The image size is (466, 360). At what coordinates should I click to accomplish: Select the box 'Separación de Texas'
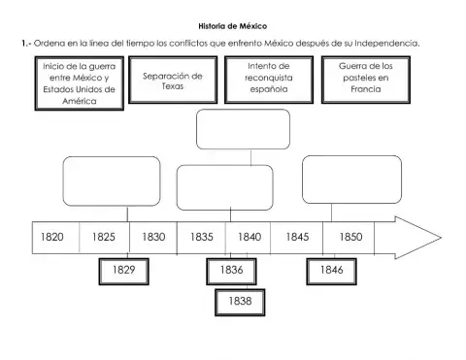coord(172,81)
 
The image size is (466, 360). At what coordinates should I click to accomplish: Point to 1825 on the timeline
coord(104,237)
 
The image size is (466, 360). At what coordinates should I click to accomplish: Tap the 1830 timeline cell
coord(153,237)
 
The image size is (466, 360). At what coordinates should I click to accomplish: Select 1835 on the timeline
coord(201,237)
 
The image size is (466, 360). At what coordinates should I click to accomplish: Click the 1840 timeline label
coord(249,237)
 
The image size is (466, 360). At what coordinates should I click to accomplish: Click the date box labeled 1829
coord(123,271)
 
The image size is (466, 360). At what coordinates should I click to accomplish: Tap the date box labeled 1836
coord(231,271)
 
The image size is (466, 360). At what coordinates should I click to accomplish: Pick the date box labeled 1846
coord(330,271)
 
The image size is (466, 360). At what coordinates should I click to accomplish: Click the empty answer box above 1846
coord(350,179)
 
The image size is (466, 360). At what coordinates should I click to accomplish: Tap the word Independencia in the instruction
coord(385,43)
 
